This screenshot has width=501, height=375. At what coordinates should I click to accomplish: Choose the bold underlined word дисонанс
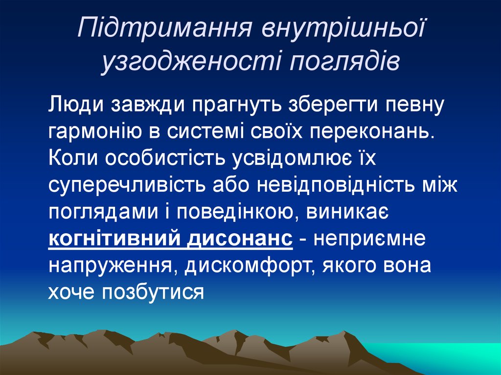pos(240,240)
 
